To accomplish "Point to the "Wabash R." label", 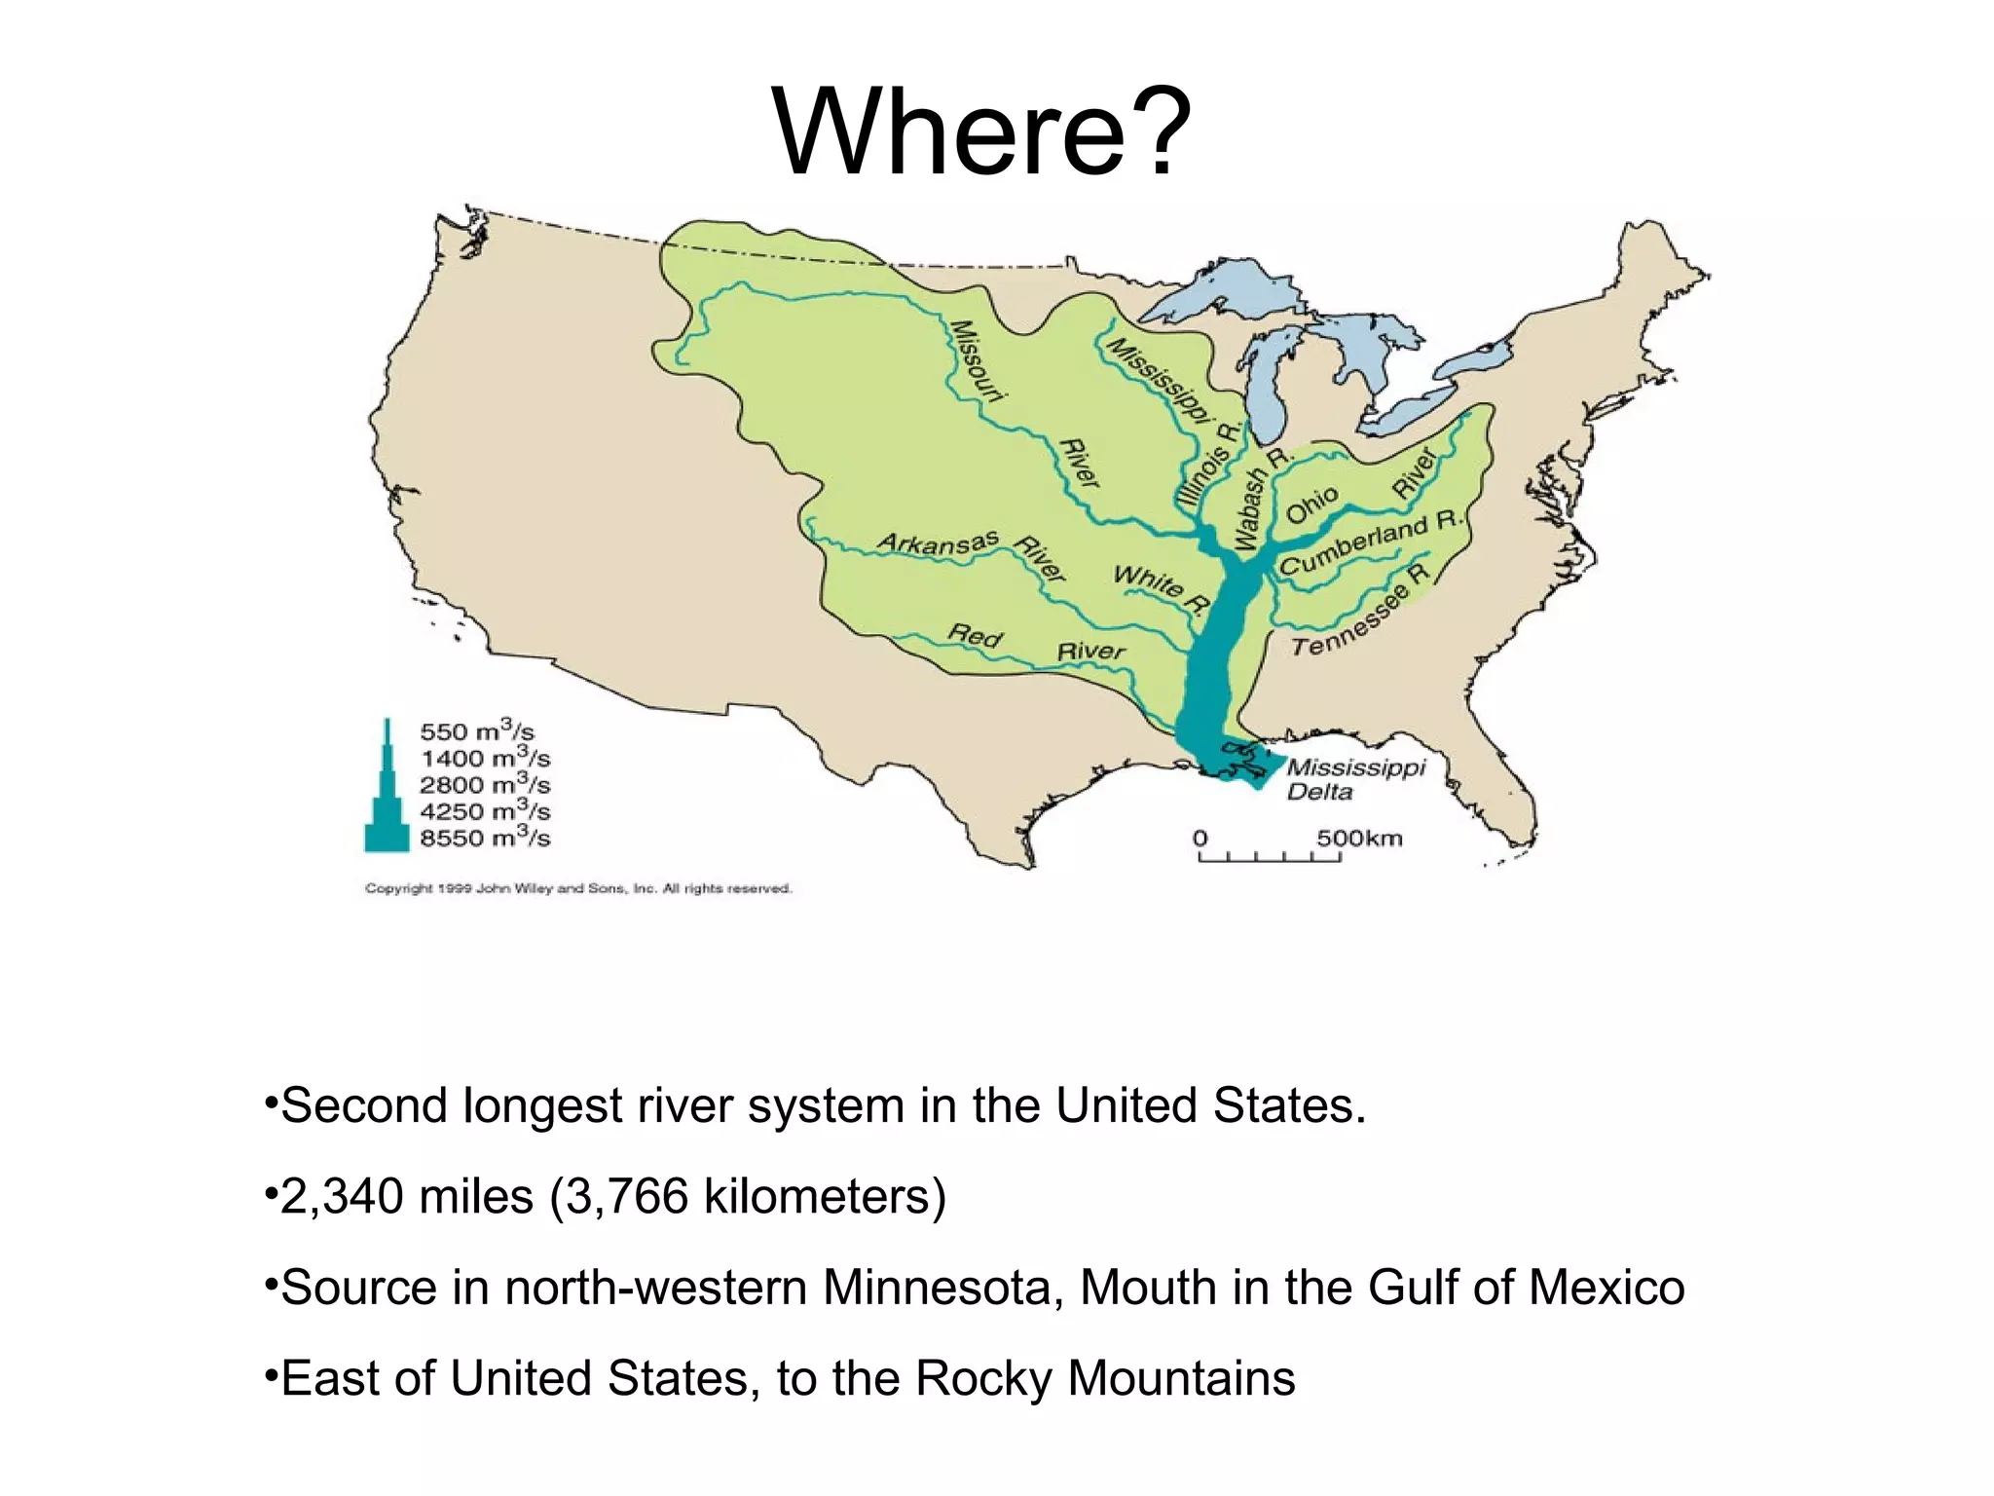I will click(x=1259, y=500).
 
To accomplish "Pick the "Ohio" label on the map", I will click(x=1312, y=505).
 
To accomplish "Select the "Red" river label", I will click(x=975, y=636).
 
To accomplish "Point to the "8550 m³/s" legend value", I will click(x=485, y=837).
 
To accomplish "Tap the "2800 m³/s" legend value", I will click(x=485, y=784).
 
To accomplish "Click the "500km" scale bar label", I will click(x=1359, y=839).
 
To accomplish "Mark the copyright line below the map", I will click(x=578, y=888).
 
